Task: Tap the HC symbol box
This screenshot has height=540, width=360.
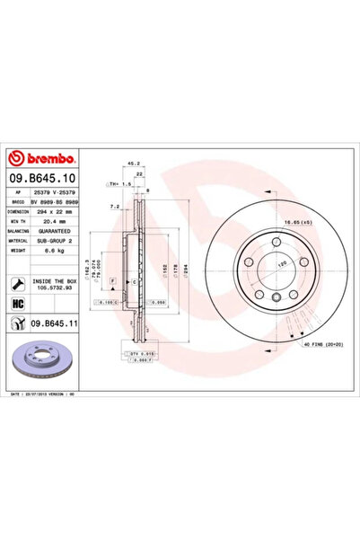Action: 17,305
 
